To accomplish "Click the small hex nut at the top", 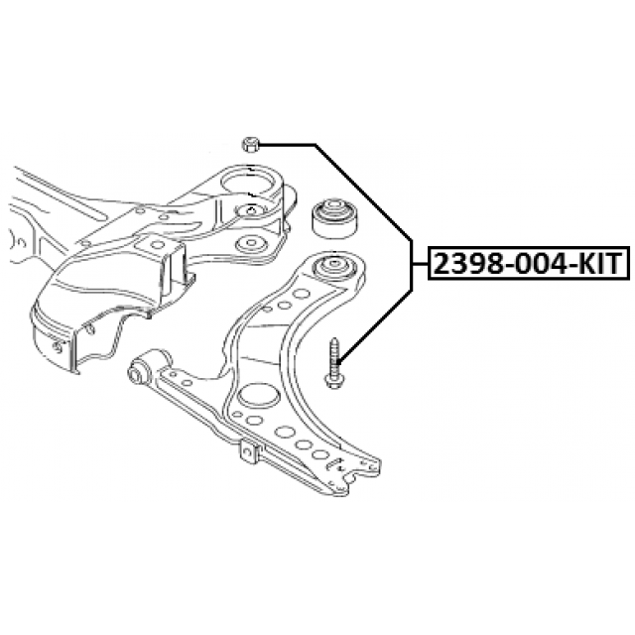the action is click(251, 144).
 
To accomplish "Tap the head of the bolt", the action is click(334, 381).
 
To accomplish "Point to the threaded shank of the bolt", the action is click(335, 355).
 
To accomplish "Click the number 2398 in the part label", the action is click(468, 264).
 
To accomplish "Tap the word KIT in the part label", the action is click(598, 264).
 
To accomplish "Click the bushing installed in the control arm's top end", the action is click(334, 267).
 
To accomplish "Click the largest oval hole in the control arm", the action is click(256, 395).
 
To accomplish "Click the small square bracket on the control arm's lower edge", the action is click(249, 452).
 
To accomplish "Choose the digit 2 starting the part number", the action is click(442, 264).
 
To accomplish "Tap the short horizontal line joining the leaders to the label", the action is click(421, 264).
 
